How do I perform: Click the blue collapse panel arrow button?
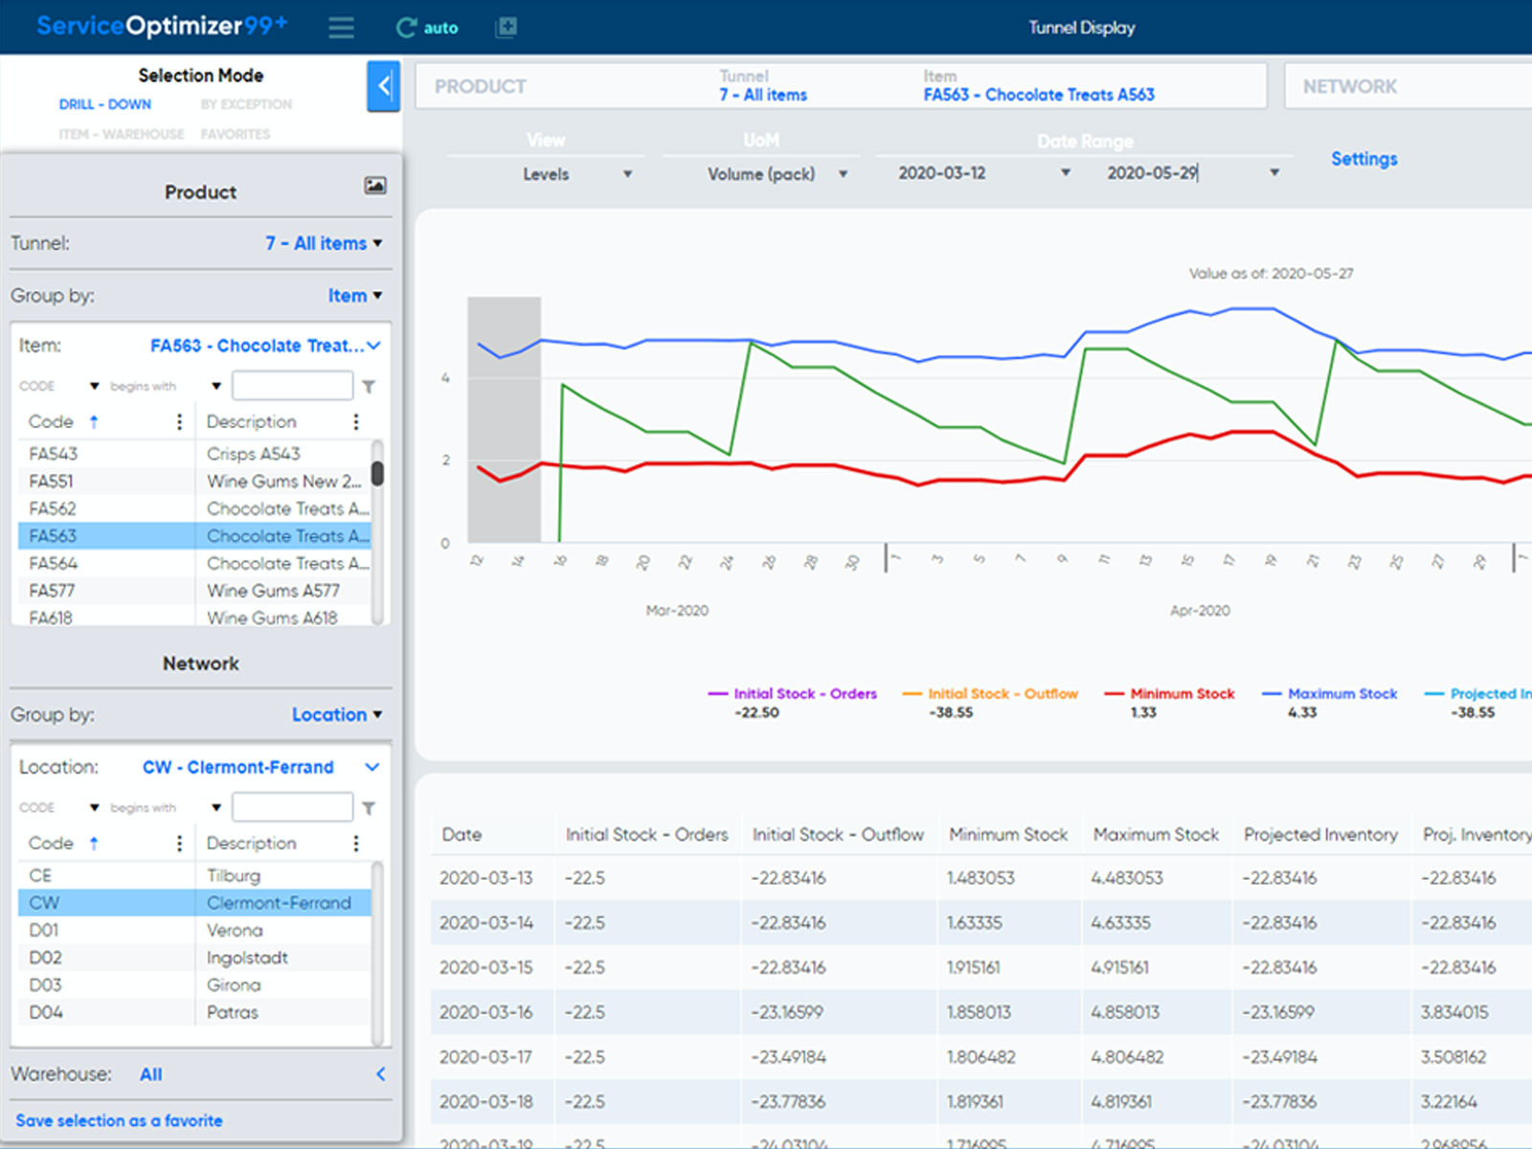[x=383, y=86]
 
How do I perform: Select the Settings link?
[x=1363, y=159]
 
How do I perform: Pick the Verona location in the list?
[x=235, y=931]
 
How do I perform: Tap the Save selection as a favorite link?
[x=119, y=1120]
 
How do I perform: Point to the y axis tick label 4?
[x=445, y=378]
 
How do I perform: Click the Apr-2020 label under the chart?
[x=1200, y=611]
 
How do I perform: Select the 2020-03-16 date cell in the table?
[x=486, y=1012]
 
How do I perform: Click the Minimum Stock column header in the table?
[x=1007, y=835]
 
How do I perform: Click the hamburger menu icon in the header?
[x=342, y=28]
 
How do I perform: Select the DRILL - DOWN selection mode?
[x=105, y=104]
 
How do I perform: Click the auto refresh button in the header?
[x=427, y=28]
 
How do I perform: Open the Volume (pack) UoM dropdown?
[x=777, y=174]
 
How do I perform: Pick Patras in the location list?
[x=233, y=1013]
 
